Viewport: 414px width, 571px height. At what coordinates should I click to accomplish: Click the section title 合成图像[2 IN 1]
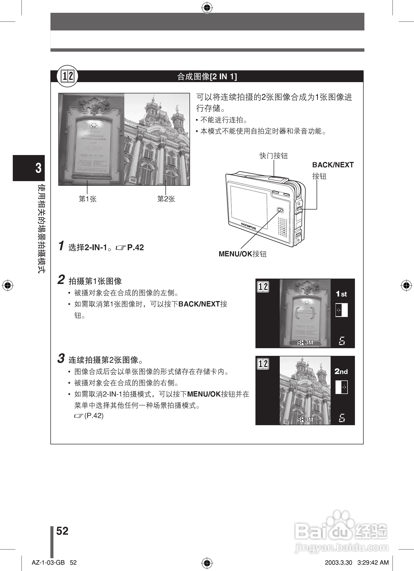coord(207,76)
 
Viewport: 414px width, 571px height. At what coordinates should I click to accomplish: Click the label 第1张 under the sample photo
coord(87,199)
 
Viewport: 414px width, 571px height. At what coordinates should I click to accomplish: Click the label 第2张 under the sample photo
coord(166,199)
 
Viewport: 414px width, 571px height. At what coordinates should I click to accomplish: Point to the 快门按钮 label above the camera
coord(274,156)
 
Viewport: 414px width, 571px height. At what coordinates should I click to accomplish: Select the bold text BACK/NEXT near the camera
coord(333,165)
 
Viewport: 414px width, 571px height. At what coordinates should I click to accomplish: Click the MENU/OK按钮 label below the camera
coord(242,254)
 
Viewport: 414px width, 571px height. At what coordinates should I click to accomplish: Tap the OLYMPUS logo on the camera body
coord(248,226)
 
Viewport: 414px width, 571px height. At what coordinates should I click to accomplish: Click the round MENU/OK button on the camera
coord(280,210)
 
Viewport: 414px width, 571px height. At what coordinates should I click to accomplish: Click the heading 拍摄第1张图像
coord(95,281)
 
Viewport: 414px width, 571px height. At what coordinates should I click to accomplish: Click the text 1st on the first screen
coord(341,294)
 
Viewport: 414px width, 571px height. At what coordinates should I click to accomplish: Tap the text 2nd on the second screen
coord(341,371)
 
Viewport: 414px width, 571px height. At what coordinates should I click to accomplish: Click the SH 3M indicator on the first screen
coord(305,343)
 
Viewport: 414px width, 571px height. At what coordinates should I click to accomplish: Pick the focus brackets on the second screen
coord(305,390)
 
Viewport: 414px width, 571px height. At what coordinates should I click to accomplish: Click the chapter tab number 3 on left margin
coord(38,168)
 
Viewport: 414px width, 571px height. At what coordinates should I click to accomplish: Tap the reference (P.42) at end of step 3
coord(94,416)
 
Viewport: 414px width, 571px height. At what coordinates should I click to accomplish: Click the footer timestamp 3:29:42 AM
coord(373,563)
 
